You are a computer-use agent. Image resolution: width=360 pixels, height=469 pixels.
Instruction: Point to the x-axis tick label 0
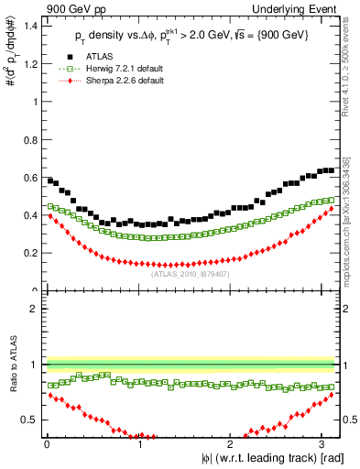pos(47,443)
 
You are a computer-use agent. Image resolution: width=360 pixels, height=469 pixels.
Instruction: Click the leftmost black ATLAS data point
pos(50,180)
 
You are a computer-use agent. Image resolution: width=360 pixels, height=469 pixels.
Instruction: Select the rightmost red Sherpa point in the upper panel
pos(331,209)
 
